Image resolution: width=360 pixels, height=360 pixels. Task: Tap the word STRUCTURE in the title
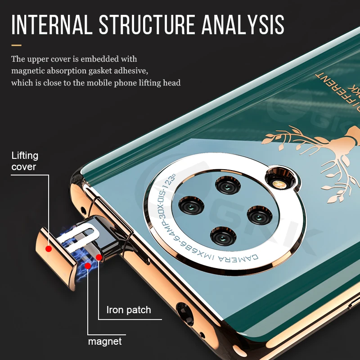point(146,25)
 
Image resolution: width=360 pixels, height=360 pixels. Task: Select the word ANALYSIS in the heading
point(243,25)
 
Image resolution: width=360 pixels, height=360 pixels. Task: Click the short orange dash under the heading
point(17,45)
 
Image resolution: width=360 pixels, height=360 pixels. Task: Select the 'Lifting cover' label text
point(25,161)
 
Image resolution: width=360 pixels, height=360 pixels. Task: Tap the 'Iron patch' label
point(129,310)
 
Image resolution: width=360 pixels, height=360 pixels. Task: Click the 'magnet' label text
point(105,342)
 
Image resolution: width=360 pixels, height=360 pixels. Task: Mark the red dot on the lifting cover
point(49,248)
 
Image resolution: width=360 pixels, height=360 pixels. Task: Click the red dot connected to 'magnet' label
point(88,265)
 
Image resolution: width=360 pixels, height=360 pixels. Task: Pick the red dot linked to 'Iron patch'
point(99,257)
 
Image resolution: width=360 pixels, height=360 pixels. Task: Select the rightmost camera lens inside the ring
point(259,216)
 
